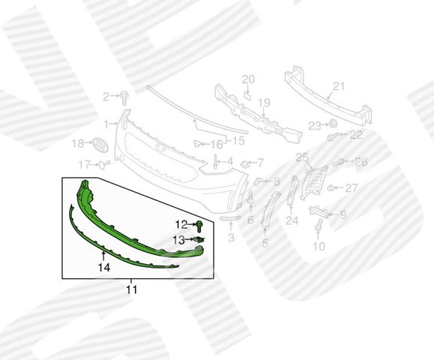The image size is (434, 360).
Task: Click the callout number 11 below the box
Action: [x=132, y=289]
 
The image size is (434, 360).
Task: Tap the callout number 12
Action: [x=181, y=224]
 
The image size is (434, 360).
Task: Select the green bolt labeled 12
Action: [x=199, y=226]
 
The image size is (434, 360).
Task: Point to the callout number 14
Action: [x=104, y=268]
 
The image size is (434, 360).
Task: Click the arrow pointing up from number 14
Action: [x=103, y=256]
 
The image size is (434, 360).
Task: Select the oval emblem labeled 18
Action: [x=100, y=145]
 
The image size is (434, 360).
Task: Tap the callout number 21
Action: [x=339, y=86]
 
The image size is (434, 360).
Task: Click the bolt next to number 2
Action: [x=124, y=98]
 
